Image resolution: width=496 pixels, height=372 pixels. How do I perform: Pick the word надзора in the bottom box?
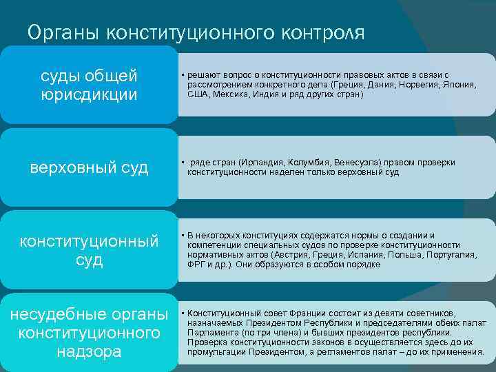(89, 351)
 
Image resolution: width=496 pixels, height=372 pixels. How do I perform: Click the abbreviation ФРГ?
(196, 265)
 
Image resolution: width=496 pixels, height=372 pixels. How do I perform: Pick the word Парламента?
(211, 332)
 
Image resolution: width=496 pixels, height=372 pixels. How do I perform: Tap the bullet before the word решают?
(182, 74)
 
